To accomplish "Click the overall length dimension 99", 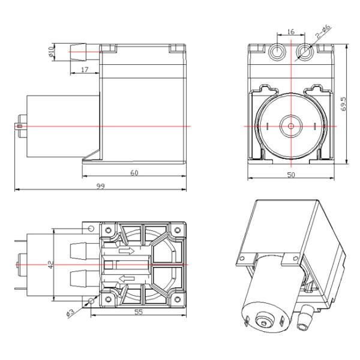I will (x=100, y=187).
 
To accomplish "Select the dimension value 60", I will (x=134, y=172).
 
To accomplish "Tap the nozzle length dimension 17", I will (x=84, y=70).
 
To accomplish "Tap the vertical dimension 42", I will (x=50, y=264).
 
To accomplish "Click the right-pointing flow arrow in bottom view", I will (x=127, y=251).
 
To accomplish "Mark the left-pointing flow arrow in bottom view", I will (x=127, y=277).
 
